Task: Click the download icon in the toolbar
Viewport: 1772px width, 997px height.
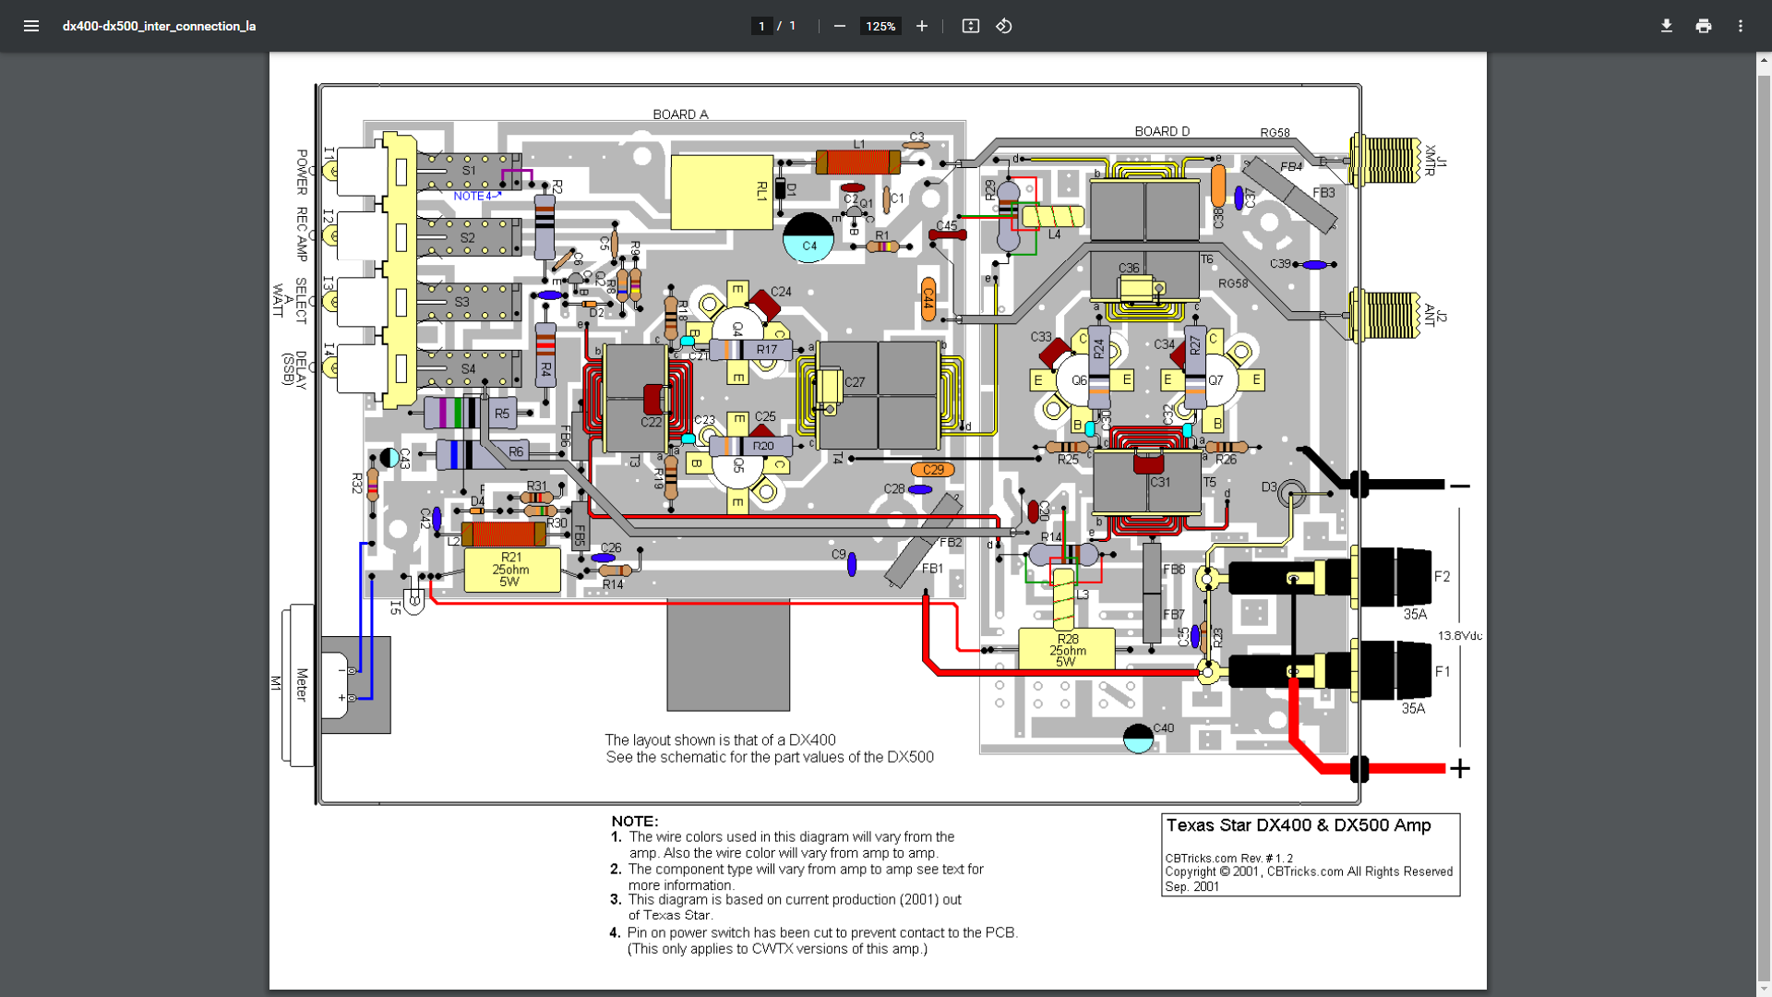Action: click(1666, 26)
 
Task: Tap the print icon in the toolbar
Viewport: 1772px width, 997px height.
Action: click(1703, 26)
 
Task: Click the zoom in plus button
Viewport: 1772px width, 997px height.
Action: click(921, 26)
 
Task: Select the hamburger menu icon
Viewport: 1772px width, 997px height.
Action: click(31, 26)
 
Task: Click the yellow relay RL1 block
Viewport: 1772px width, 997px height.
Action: click(721, 192)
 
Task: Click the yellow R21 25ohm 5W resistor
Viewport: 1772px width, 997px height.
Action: click(511, 570)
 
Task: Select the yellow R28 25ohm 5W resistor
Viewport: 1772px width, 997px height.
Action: click(1066, 649)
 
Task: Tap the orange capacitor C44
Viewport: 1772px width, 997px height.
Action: click(928, 298)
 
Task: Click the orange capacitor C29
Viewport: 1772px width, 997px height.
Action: click(932, 470)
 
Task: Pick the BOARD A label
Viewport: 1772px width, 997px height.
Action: click(680, 114)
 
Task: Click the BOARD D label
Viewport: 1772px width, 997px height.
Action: click(1162, 131)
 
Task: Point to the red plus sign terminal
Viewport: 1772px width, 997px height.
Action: click(1459, 768)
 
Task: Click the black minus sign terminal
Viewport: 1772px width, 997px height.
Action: click(1459, 486)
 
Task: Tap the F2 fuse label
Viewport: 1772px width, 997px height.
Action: click(1442, 577)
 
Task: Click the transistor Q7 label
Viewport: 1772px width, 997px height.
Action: click(1215, 380)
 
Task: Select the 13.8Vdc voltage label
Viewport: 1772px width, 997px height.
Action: click(1460, 635)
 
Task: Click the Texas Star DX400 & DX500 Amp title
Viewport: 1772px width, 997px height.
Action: click(1298, 825)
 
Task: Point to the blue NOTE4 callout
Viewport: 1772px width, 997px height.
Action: click(474, 196)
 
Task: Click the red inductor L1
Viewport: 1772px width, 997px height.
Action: click(858, 162)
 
